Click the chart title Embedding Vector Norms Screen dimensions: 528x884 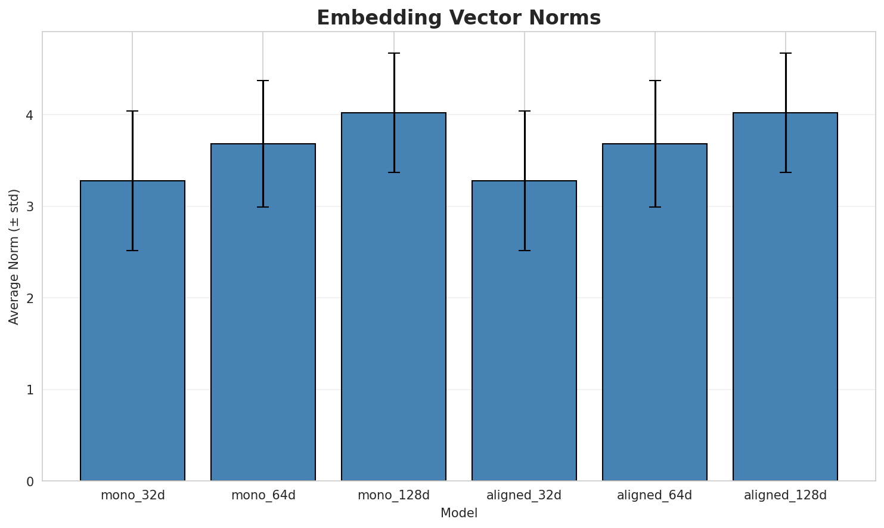click(458, 18)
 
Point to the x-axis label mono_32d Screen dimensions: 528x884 click(132, 495)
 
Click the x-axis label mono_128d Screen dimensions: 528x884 click(393, 495)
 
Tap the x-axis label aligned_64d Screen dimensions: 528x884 click(655, 495)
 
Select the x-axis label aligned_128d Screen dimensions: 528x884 click(785, 495)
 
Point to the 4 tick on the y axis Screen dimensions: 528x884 click(29, 115)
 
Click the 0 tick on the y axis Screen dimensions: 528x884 click(29, 481)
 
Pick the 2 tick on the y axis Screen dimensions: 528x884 click(29, 298)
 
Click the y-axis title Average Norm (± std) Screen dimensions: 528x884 click(14, 257)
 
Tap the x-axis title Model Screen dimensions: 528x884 click(458, 513)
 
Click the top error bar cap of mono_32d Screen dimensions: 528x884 click(132, 111)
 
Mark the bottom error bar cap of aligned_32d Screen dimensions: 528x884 click(524, 251)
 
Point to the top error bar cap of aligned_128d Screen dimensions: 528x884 click(785, 53)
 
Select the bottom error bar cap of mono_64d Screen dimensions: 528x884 click(263, 207)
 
